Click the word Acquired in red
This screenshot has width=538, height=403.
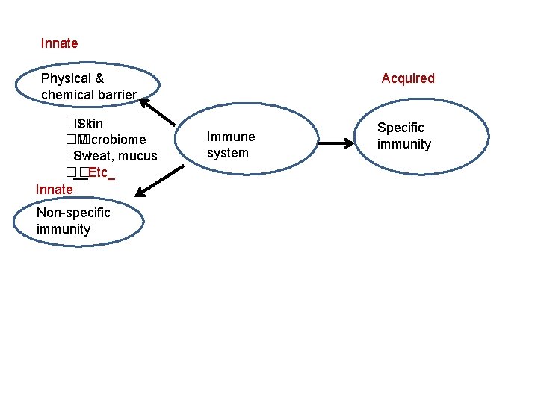407,78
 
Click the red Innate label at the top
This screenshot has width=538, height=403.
59,43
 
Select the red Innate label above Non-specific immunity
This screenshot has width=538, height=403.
54,190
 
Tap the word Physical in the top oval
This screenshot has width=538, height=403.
66,78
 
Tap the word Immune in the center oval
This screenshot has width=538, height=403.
231,137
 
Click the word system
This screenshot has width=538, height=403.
228,153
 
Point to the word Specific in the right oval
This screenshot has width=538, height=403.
401,128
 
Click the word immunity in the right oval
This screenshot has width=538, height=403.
404,144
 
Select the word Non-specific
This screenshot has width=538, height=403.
73,213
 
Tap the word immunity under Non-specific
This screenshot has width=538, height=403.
64,229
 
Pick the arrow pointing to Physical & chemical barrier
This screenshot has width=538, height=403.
158,112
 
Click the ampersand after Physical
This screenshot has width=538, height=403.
99,78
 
